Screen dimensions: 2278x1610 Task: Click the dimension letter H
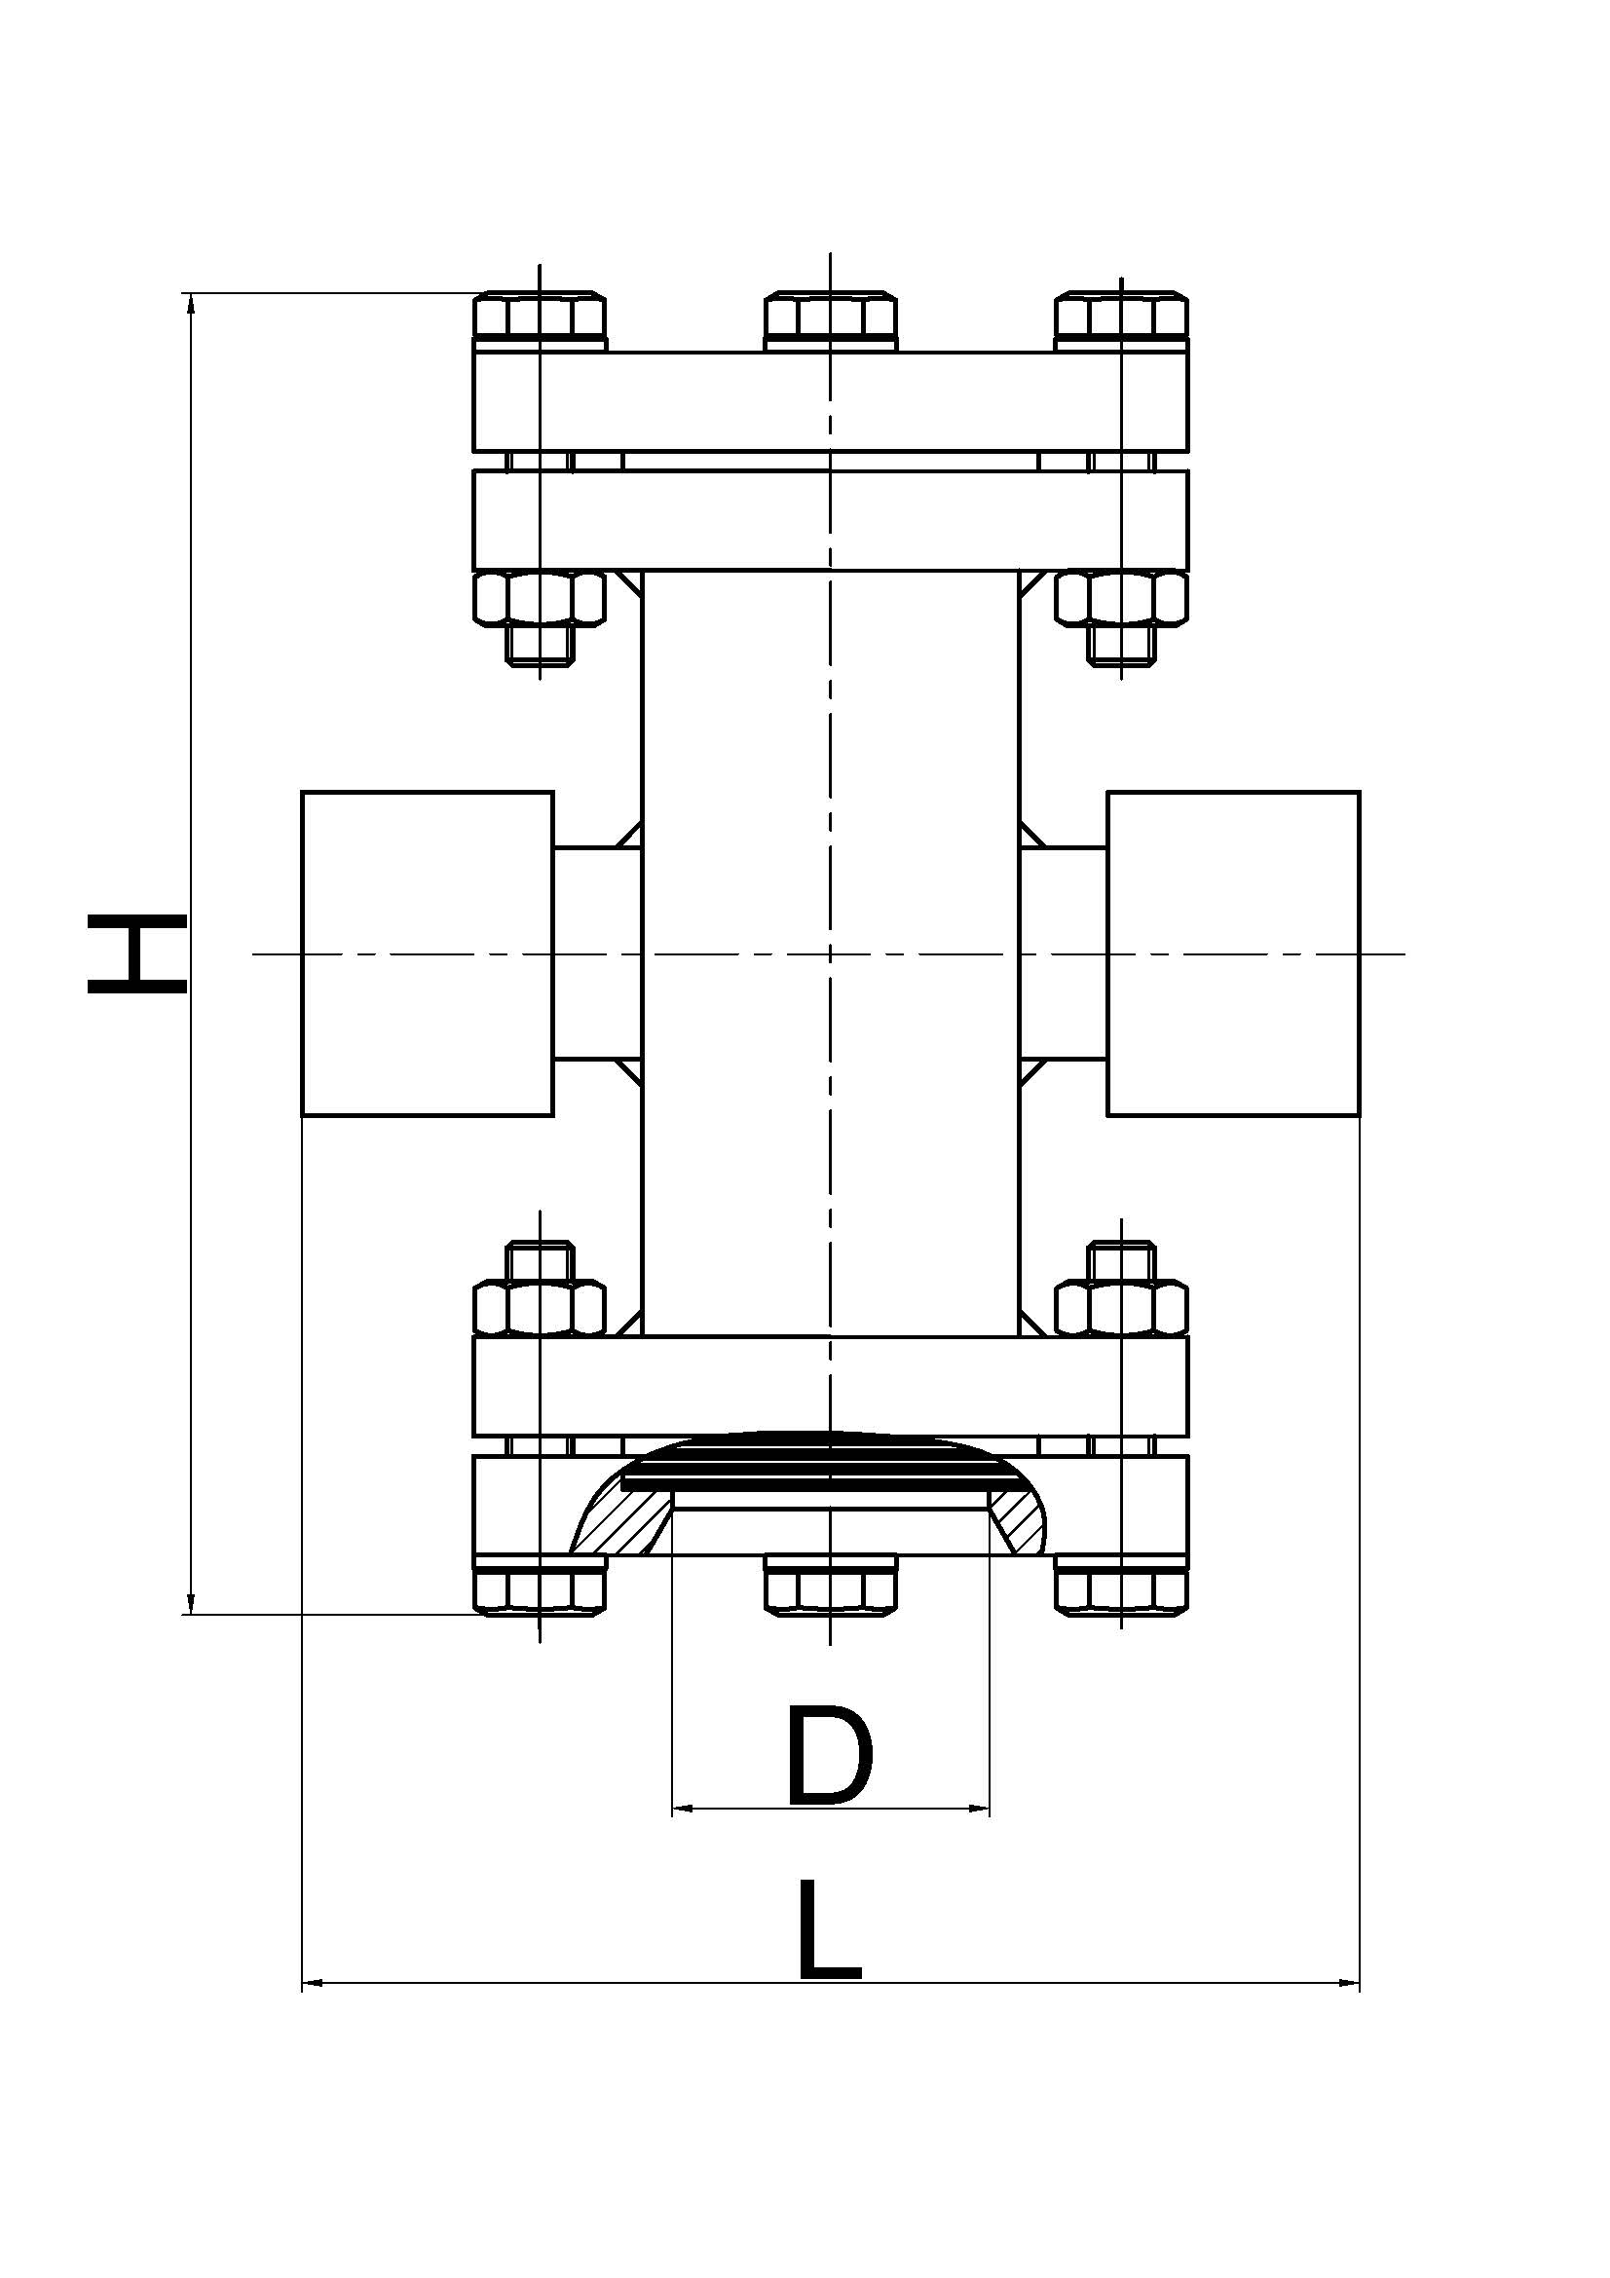pyautogui.click(x=137, y=954)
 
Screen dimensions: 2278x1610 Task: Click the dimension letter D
pyautogui.click(x=829, y=1755)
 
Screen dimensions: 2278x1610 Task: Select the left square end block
pyautogui.click(x=428, y=953)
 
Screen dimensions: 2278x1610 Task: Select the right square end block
pyautogui.click(x=1233, y=953)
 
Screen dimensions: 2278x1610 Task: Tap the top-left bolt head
pyautogui.click(x=540, y=317)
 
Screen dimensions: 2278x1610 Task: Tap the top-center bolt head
pyautogui.click(x=830, y=317)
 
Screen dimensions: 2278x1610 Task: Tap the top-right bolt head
pyautogui.click(x=1121, y=317)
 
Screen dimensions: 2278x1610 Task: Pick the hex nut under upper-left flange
pyautogui.click(x=540, y=598)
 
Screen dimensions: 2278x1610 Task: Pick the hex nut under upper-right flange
pyautogui.click(x=1121, y=598)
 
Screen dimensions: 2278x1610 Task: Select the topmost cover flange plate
pyautogui.click(x=830, y=402)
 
